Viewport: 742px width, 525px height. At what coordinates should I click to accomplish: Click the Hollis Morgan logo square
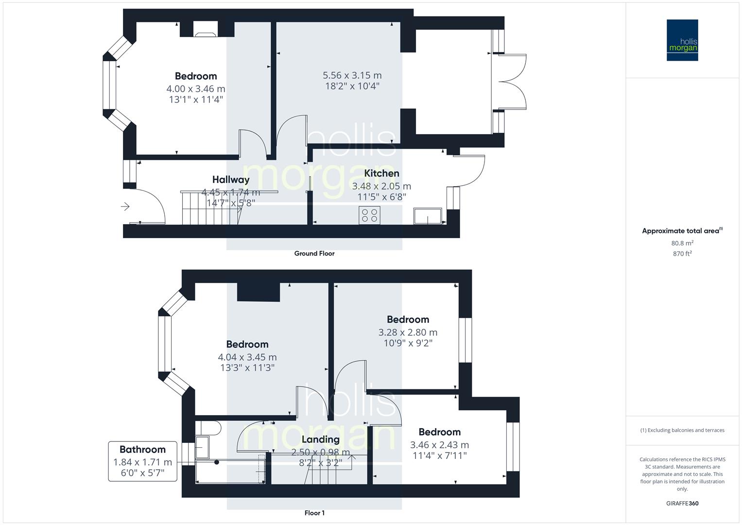pos(682,40)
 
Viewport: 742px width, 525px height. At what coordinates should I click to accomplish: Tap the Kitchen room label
pos(381,173)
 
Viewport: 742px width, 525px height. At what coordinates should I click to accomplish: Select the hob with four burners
pos(369,215)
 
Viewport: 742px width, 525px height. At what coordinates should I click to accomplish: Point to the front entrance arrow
pos(125,207)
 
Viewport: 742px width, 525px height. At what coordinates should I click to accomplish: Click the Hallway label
pos(231,180)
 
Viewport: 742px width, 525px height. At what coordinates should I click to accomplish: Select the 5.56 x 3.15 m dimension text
pos(352,75)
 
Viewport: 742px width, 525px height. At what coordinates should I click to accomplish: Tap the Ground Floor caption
pos(314,253)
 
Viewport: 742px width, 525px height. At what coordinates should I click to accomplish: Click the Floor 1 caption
pos(314,513)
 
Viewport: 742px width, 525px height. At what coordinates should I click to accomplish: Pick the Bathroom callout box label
pos(142,450)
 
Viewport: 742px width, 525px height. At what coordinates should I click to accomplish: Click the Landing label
pos(320,439)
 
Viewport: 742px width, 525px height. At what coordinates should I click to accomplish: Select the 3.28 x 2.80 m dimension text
pos(408,332)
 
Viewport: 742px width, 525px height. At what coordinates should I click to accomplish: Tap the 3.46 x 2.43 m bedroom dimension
pos(439,445)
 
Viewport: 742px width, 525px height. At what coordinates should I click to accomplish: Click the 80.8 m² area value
pos(682,243)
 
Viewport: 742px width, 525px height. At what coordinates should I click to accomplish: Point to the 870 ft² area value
pos(682,254)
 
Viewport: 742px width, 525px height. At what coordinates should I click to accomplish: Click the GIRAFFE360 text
pos(682,503)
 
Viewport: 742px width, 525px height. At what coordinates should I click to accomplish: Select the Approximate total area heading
pos(682,231)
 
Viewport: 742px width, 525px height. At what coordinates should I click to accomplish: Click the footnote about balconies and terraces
pos(682,430)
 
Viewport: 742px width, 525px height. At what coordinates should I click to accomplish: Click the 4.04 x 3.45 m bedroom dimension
pos(247,357)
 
